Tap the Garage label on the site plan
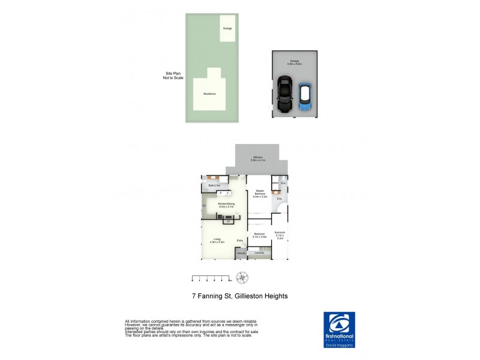[x=227, y=28]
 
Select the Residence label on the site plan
[x=209, y=94]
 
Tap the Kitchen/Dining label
[x=226, y=204]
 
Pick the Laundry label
[x=259, y=253]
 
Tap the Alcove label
[x=241, y=253]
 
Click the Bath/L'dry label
[x=214, y=186]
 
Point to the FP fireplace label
[x=228, y=221]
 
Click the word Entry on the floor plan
[x=239, y=241]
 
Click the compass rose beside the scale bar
[x=242, y=277]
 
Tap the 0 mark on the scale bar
[x=193, y=280]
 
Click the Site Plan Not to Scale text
[x=172, y=76]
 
